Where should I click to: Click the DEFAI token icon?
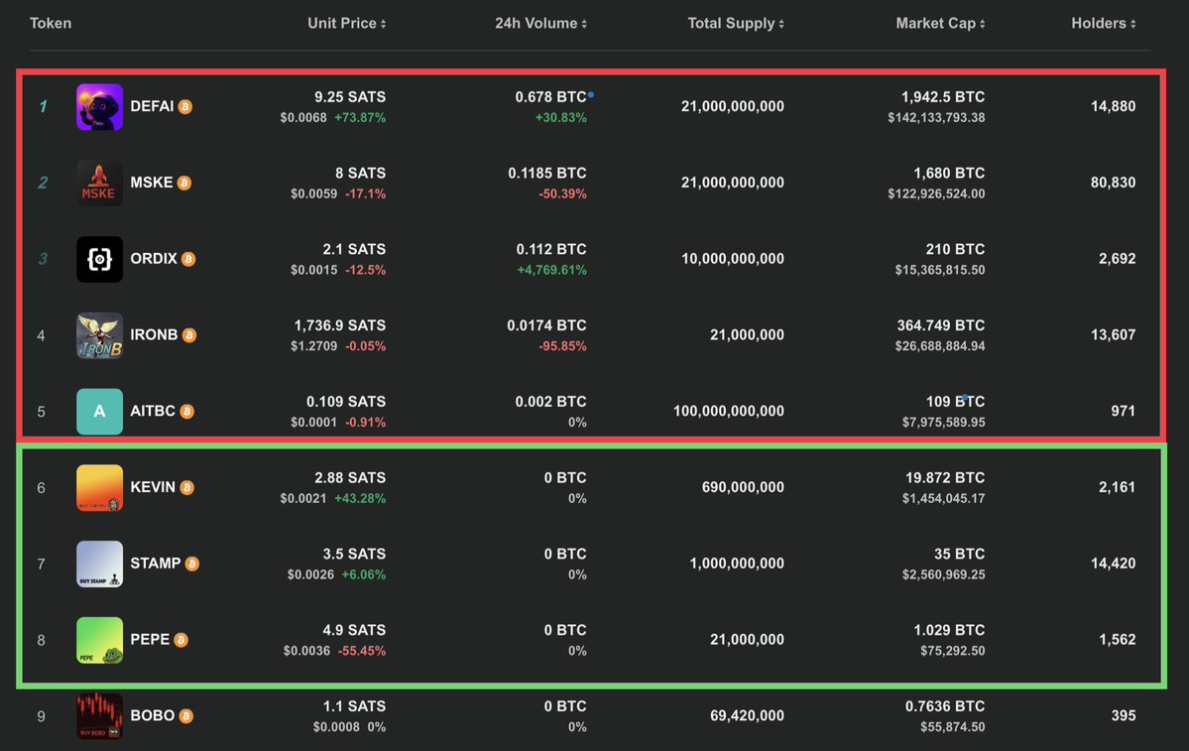pos(99,107)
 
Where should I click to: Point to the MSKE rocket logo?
pos(99,183)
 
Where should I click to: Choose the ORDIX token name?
pos(153,259)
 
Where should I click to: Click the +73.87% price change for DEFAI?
pos(359,118)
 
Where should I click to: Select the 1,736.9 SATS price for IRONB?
pos(340,325)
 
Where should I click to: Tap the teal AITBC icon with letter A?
pos(99,412)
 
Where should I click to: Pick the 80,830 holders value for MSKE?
pos(1112,183)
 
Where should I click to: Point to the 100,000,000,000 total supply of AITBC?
pos(728,412)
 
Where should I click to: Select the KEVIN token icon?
pos(99,488)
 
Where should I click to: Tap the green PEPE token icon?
pos(99,640)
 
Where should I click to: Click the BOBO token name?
pos(152,716)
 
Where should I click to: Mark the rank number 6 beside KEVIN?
pos(41,488)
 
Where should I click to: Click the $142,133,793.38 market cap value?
pos(936,118)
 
